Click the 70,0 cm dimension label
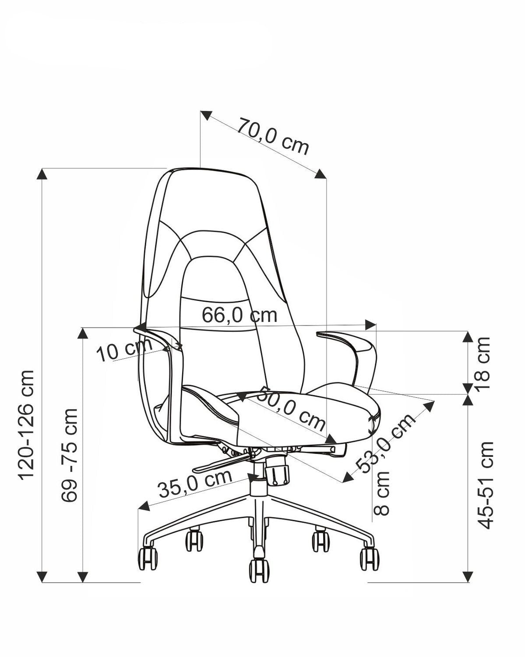pyautogui.click(x=273, y=136)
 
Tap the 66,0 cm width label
pyautogui.click(x=240, y=315)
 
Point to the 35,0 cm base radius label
pyautogui.click(x=195, y=487)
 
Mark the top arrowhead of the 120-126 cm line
pyautogui.click(x=42, y=173)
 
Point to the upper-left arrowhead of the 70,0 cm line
pyautogui.click(x=206, y=115)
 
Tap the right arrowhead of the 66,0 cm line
pyautogui.click(x=370, y=325)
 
